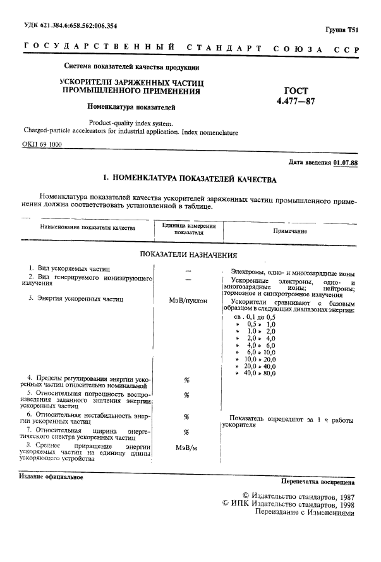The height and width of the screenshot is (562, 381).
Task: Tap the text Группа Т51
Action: [342, 30]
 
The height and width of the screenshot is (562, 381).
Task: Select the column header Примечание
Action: [290, 230]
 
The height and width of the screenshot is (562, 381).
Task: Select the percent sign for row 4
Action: [187, 380]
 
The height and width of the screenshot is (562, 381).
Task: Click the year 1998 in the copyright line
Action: [342, 504]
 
